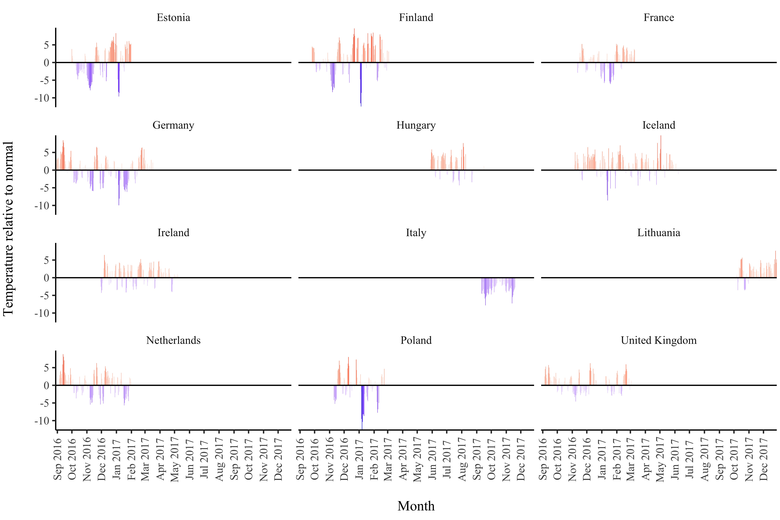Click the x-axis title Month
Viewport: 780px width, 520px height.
(x=416, y=506)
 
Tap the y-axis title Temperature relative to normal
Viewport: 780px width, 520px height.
(x=8, y=229)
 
